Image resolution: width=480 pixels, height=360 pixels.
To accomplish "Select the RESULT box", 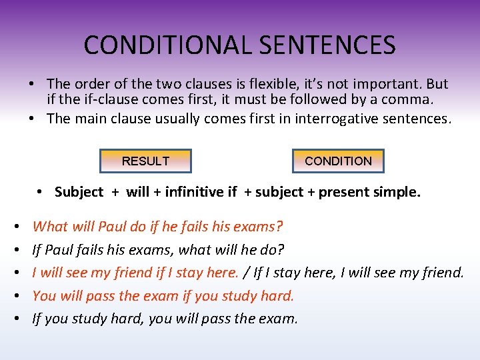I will tap(145, 161).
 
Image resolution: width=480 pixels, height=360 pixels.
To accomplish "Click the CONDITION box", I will tap(338, 161).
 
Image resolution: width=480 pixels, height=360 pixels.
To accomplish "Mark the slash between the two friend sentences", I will tap(246, 273).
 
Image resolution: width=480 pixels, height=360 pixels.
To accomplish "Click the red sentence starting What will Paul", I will tap(157, 227).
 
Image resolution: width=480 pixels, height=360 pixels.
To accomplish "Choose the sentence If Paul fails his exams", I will tap(158, 250).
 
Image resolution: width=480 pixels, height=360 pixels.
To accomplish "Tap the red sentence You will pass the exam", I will tap(163, 295).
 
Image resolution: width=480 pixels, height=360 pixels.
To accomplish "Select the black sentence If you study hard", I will tap(165, 319).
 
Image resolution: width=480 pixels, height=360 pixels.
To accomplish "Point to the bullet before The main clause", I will tap(32, 119).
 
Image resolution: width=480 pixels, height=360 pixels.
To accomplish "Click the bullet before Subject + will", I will tap(41, 192).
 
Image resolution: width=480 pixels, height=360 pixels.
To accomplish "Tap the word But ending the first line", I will tap(437, 84).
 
